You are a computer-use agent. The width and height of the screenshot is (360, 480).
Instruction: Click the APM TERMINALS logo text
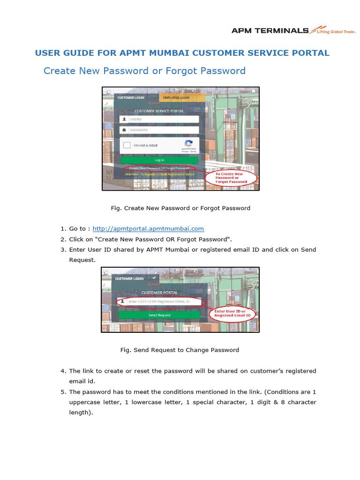270,30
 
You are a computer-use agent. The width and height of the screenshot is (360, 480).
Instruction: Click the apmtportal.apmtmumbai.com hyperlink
148,229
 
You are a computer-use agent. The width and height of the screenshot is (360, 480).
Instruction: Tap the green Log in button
159,160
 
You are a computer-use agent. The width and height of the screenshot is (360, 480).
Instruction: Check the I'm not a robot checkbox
127,145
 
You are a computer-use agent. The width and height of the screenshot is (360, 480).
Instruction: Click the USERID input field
159,120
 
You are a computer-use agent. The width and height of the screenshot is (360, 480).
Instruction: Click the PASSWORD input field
159,130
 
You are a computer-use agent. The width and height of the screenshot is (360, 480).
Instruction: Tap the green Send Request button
159,315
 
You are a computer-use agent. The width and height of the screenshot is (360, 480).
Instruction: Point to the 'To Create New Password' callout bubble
231,178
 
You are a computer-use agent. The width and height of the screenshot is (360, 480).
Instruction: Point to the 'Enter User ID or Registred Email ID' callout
232,314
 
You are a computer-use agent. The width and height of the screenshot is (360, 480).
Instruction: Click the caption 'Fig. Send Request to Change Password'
180,350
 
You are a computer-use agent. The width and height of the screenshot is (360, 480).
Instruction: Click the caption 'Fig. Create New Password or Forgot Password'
180,208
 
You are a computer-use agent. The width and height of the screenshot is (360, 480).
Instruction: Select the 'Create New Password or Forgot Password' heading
144,71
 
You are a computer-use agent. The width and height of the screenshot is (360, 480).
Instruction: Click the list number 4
62,371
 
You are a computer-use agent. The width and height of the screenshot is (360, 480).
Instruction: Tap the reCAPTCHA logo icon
188,143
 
